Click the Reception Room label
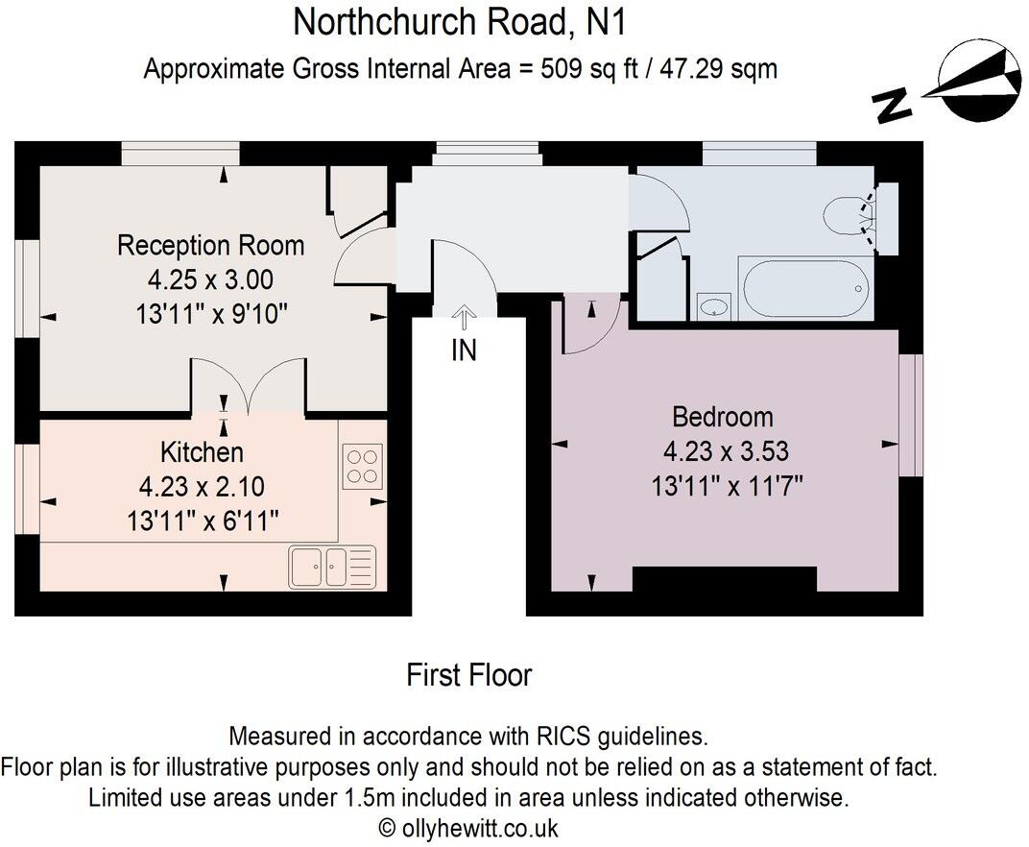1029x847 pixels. [x=210, y=245]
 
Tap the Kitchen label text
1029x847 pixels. [x=202, y=451]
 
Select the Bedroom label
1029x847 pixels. [x=723, y=417]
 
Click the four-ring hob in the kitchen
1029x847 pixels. [x=362, y=465]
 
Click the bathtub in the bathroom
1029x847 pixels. [x=804, y=286]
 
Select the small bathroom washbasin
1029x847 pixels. [x=713, y=306]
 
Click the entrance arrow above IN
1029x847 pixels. [x=464, y=316]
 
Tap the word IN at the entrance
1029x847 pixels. [x=464, y=351]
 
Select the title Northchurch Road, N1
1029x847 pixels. [x=459, y=21]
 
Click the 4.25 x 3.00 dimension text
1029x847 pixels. [x=210, y=279]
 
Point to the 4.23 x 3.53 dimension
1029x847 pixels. [x=726, y=450]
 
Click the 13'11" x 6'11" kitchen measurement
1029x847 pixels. [x=203, y=520]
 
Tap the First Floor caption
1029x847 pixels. [x=468, y=675]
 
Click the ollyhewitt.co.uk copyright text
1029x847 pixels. [x=468, y=828]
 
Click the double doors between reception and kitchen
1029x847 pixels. [x=249, y=389]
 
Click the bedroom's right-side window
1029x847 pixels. [x=910, y=415]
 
